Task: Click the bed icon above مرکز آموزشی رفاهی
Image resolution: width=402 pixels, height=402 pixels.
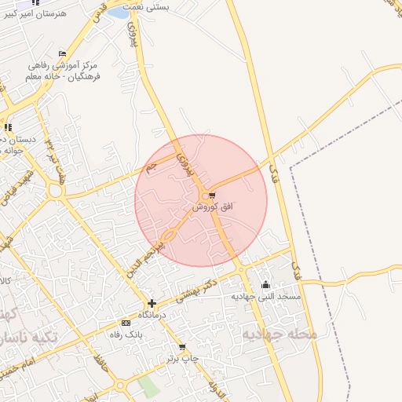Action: tap(63, 53)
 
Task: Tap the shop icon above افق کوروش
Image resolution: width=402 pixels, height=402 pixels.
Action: tap(212, 195)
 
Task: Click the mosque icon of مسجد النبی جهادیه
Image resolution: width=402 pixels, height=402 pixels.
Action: tap(265, 285)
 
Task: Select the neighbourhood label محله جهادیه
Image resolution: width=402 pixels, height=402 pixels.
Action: tap(280, 334)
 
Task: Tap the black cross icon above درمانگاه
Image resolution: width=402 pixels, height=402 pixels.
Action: tap(152, 303)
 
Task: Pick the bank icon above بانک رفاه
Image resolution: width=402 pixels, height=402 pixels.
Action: tap(126, 323)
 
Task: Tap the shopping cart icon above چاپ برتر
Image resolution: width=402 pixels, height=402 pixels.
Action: tap(182, 347)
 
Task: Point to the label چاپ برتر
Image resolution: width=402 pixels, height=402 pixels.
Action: tap(182, 359)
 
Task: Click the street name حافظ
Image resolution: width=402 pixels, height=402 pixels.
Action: tap(100, 364)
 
